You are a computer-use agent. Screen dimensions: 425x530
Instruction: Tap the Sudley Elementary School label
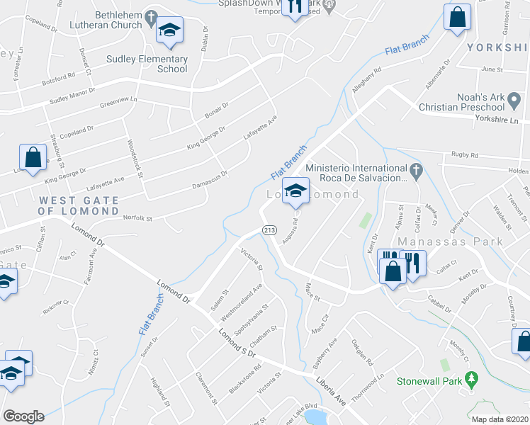(147, 64)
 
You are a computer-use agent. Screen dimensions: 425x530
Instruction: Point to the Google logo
(23, 416)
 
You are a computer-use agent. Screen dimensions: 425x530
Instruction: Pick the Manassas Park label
(460, 242)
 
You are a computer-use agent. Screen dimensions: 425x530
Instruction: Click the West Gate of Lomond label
(79, 205)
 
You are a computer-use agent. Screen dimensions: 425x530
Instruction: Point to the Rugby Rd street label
(465, 155)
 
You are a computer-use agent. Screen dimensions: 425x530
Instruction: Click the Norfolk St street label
(138, 218)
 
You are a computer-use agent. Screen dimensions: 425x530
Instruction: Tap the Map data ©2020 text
(499, 419)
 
